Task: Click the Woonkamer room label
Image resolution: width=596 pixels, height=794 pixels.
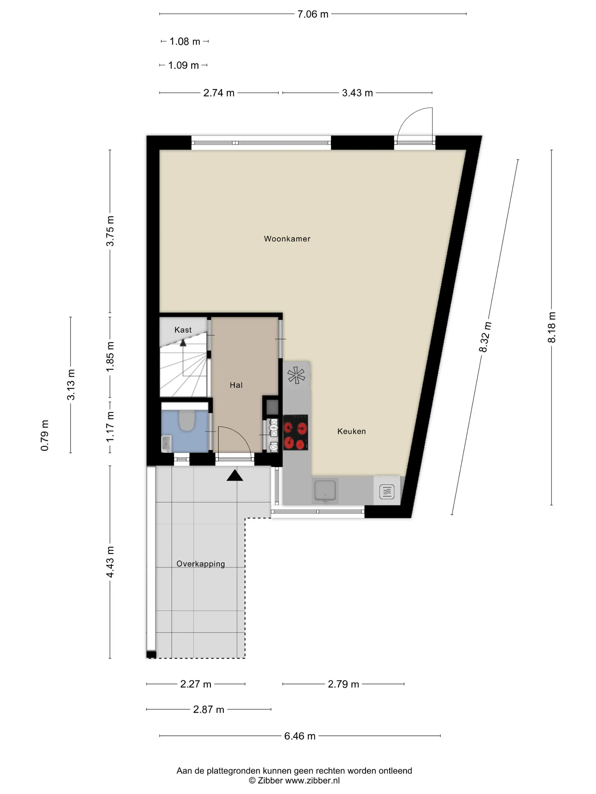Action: pos(287,239)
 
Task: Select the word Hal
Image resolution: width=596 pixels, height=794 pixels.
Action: pos(236,385)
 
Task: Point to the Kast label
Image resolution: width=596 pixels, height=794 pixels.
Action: pos(183,330)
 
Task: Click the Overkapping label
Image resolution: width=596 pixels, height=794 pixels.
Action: pos(200,564)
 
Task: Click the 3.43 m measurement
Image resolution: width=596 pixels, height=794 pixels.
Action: pos(357,93)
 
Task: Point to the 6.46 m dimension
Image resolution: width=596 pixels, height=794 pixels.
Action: pos(300,736)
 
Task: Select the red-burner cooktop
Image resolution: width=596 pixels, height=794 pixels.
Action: pos(296,432)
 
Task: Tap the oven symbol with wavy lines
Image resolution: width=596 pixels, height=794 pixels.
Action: pos(387,492)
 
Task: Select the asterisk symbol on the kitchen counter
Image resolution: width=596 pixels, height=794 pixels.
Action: pos(296,375)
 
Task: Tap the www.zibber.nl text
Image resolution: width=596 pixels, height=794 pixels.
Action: pos(312,780)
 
